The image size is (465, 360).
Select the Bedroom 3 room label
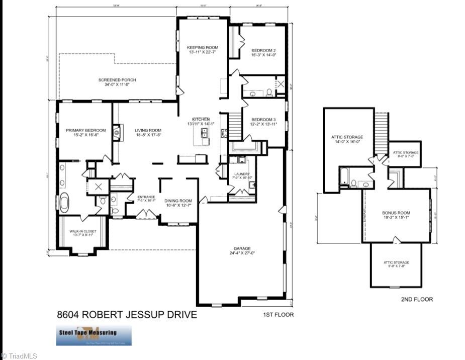pos(264,122)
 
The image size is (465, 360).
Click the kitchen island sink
pos(205,133)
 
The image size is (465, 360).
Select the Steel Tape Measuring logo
pos(94,335)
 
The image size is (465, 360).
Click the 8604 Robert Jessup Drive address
pos(127,315)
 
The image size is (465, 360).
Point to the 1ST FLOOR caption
pos(278,315)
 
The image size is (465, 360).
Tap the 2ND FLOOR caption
pos(417,299)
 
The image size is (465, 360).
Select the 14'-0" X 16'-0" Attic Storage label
pos(347,139)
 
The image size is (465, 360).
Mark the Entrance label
pos(146,199)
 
